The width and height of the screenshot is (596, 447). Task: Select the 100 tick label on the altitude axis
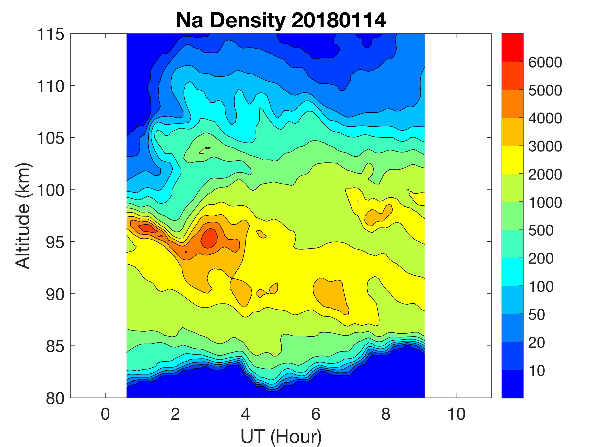50,190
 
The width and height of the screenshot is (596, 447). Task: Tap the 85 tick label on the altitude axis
55,346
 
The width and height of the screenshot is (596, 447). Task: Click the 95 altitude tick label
55,242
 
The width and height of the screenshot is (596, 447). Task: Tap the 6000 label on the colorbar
545,63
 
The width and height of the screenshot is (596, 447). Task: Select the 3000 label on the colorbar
545,146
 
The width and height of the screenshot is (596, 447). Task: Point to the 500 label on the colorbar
541,231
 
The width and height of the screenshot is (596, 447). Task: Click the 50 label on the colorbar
537,315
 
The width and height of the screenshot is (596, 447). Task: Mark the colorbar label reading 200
541,259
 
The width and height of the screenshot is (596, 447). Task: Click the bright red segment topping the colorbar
512,48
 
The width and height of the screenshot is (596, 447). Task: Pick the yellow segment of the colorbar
512,159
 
